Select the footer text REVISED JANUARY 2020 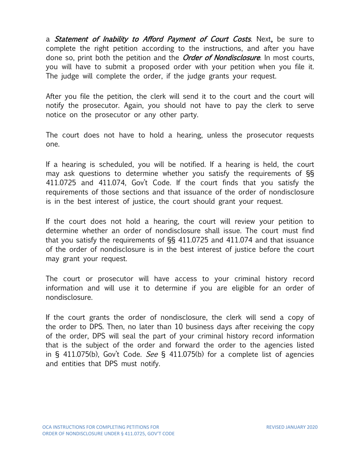click(292, 427)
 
